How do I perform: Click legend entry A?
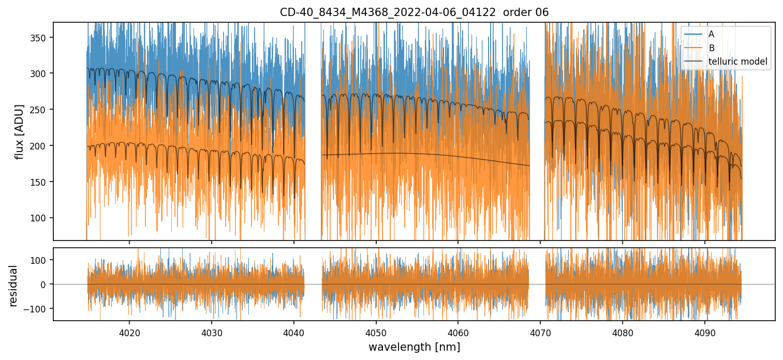click(x=711, y=34)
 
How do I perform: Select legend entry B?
click(x=711, y=48)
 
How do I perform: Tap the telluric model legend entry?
click(x=737, y=62)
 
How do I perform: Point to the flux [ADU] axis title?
click(x=20, y=131)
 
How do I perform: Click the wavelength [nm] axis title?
click(x=414, y=347)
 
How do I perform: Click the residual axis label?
click(x=13, y=286)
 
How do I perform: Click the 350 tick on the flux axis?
click(x=42, y=38)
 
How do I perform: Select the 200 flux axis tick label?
click(x=42, y=146)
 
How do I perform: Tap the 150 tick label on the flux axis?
click(x=42, y=182)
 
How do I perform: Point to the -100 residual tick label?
click(x=40, y=309)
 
